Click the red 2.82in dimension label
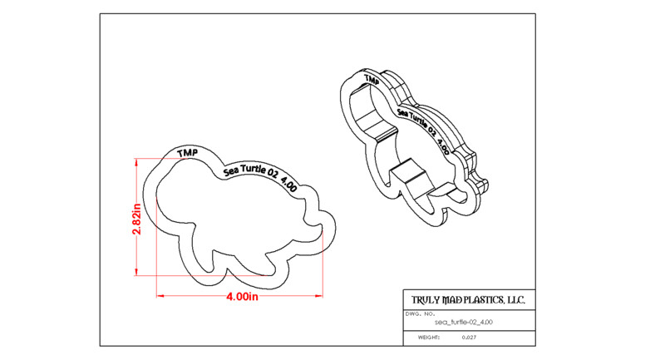coord(136,219)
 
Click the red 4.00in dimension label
coord(242,296)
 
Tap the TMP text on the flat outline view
coord(188,153)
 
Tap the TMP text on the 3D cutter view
coord(372,80)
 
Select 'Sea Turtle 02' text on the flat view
coord(251,170)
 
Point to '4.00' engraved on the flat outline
coord(288,185)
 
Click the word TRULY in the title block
coord(426,300)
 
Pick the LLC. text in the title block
coord(515,300)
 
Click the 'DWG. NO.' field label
coord(421,314)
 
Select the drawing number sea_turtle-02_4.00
coord(464,323)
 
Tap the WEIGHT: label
coord(429,338)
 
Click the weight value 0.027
coord(469,338)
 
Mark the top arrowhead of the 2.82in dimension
coord(136,162)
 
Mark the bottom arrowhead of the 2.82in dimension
coord(136,272)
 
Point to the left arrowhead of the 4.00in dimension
coord(160,296)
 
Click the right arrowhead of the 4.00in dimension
coord(319,296)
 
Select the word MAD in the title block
coord(451,300)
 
